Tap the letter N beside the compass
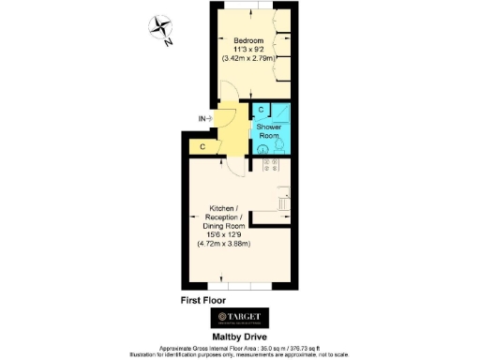166,41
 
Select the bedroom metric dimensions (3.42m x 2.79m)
250,59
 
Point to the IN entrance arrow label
204,118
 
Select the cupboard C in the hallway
202,147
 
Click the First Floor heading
205,300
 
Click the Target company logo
240,316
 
